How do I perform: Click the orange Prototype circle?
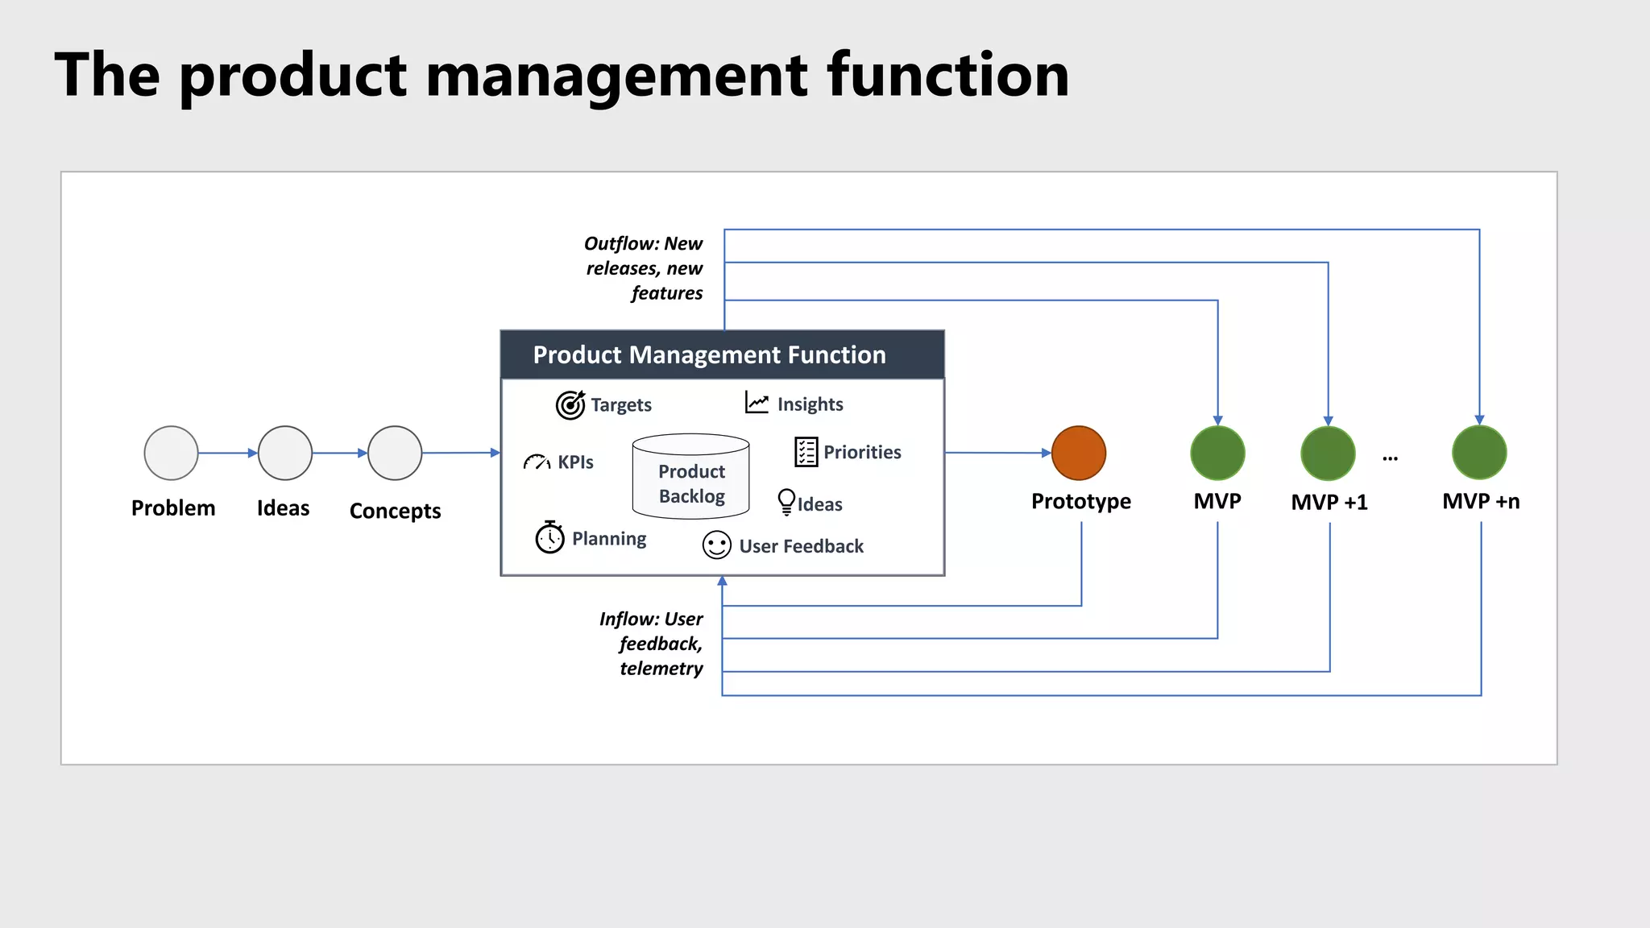(x=1079, y=453)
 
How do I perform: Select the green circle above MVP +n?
(x=1479, y=453)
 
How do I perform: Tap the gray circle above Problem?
(x=171, y=453)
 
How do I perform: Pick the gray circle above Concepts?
(x=395, y=453)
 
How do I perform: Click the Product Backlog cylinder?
(x=691, y=476)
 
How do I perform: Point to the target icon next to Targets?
(x=570, y=404)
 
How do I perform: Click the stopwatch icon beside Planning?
(x=550, y=537)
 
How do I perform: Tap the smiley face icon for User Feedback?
(x=716, y=545)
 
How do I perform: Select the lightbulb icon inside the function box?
(x=786, y=502)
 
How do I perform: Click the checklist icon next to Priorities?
(x=806, y=452)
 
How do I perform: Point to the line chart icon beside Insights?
(x=757, y=403)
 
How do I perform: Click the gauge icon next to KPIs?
(x=537, y=462)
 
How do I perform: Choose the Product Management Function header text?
(x=709, y=354)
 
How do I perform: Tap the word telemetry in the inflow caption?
(x=661, y=669)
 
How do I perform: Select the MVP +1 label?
(x=1329, y=502)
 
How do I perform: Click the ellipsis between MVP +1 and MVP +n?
(x=1390, y=458)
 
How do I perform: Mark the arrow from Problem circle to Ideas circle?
(x=227, y=454)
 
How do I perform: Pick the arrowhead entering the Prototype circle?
(x=1047, y=453)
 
